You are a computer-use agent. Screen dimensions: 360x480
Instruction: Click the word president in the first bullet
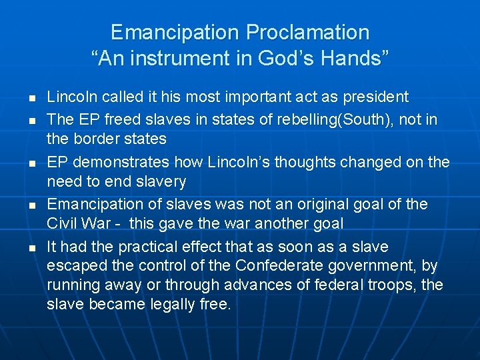point(375,97)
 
